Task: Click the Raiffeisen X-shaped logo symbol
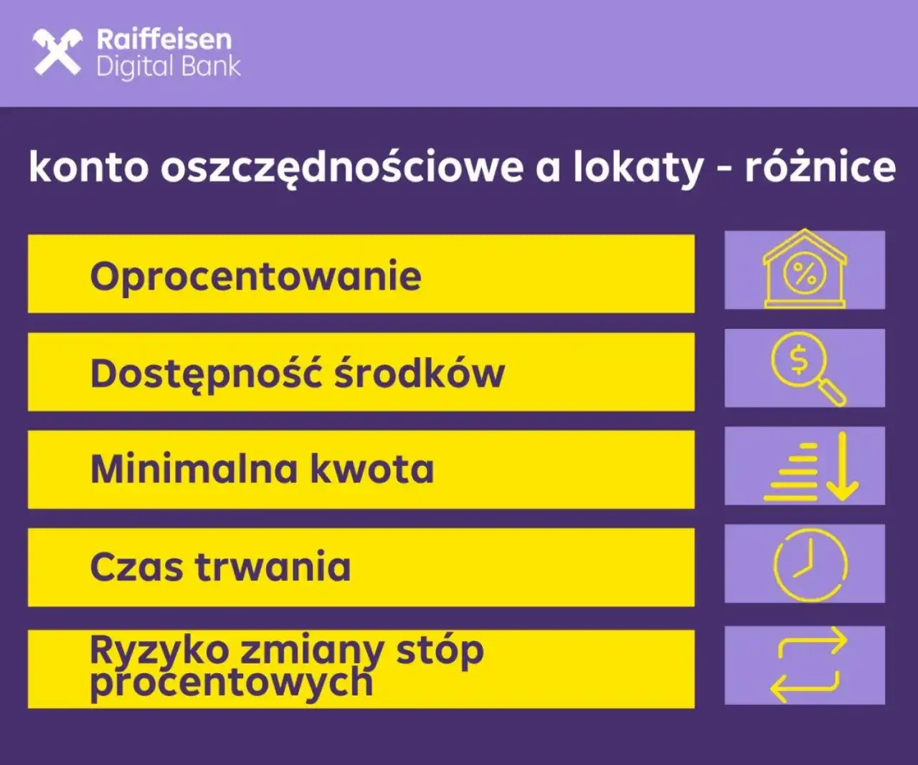click(x=57, y=52)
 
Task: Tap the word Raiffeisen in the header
click(x=164, y=39)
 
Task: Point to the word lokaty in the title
click(x=638, y=167)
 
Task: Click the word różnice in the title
click(x=820, y=167)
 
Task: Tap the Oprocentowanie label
click(x=255, y=276)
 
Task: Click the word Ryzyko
click(x=158, y=651)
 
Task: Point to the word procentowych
click(x=231, y=683)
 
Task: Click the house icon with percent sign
click(x=804, y=270)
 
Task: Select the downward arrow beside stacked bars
click(x=842, y=466)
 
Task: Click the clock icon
click(x=810, y=564)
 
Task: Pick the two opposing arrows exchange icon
click(x=807, y=665)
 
